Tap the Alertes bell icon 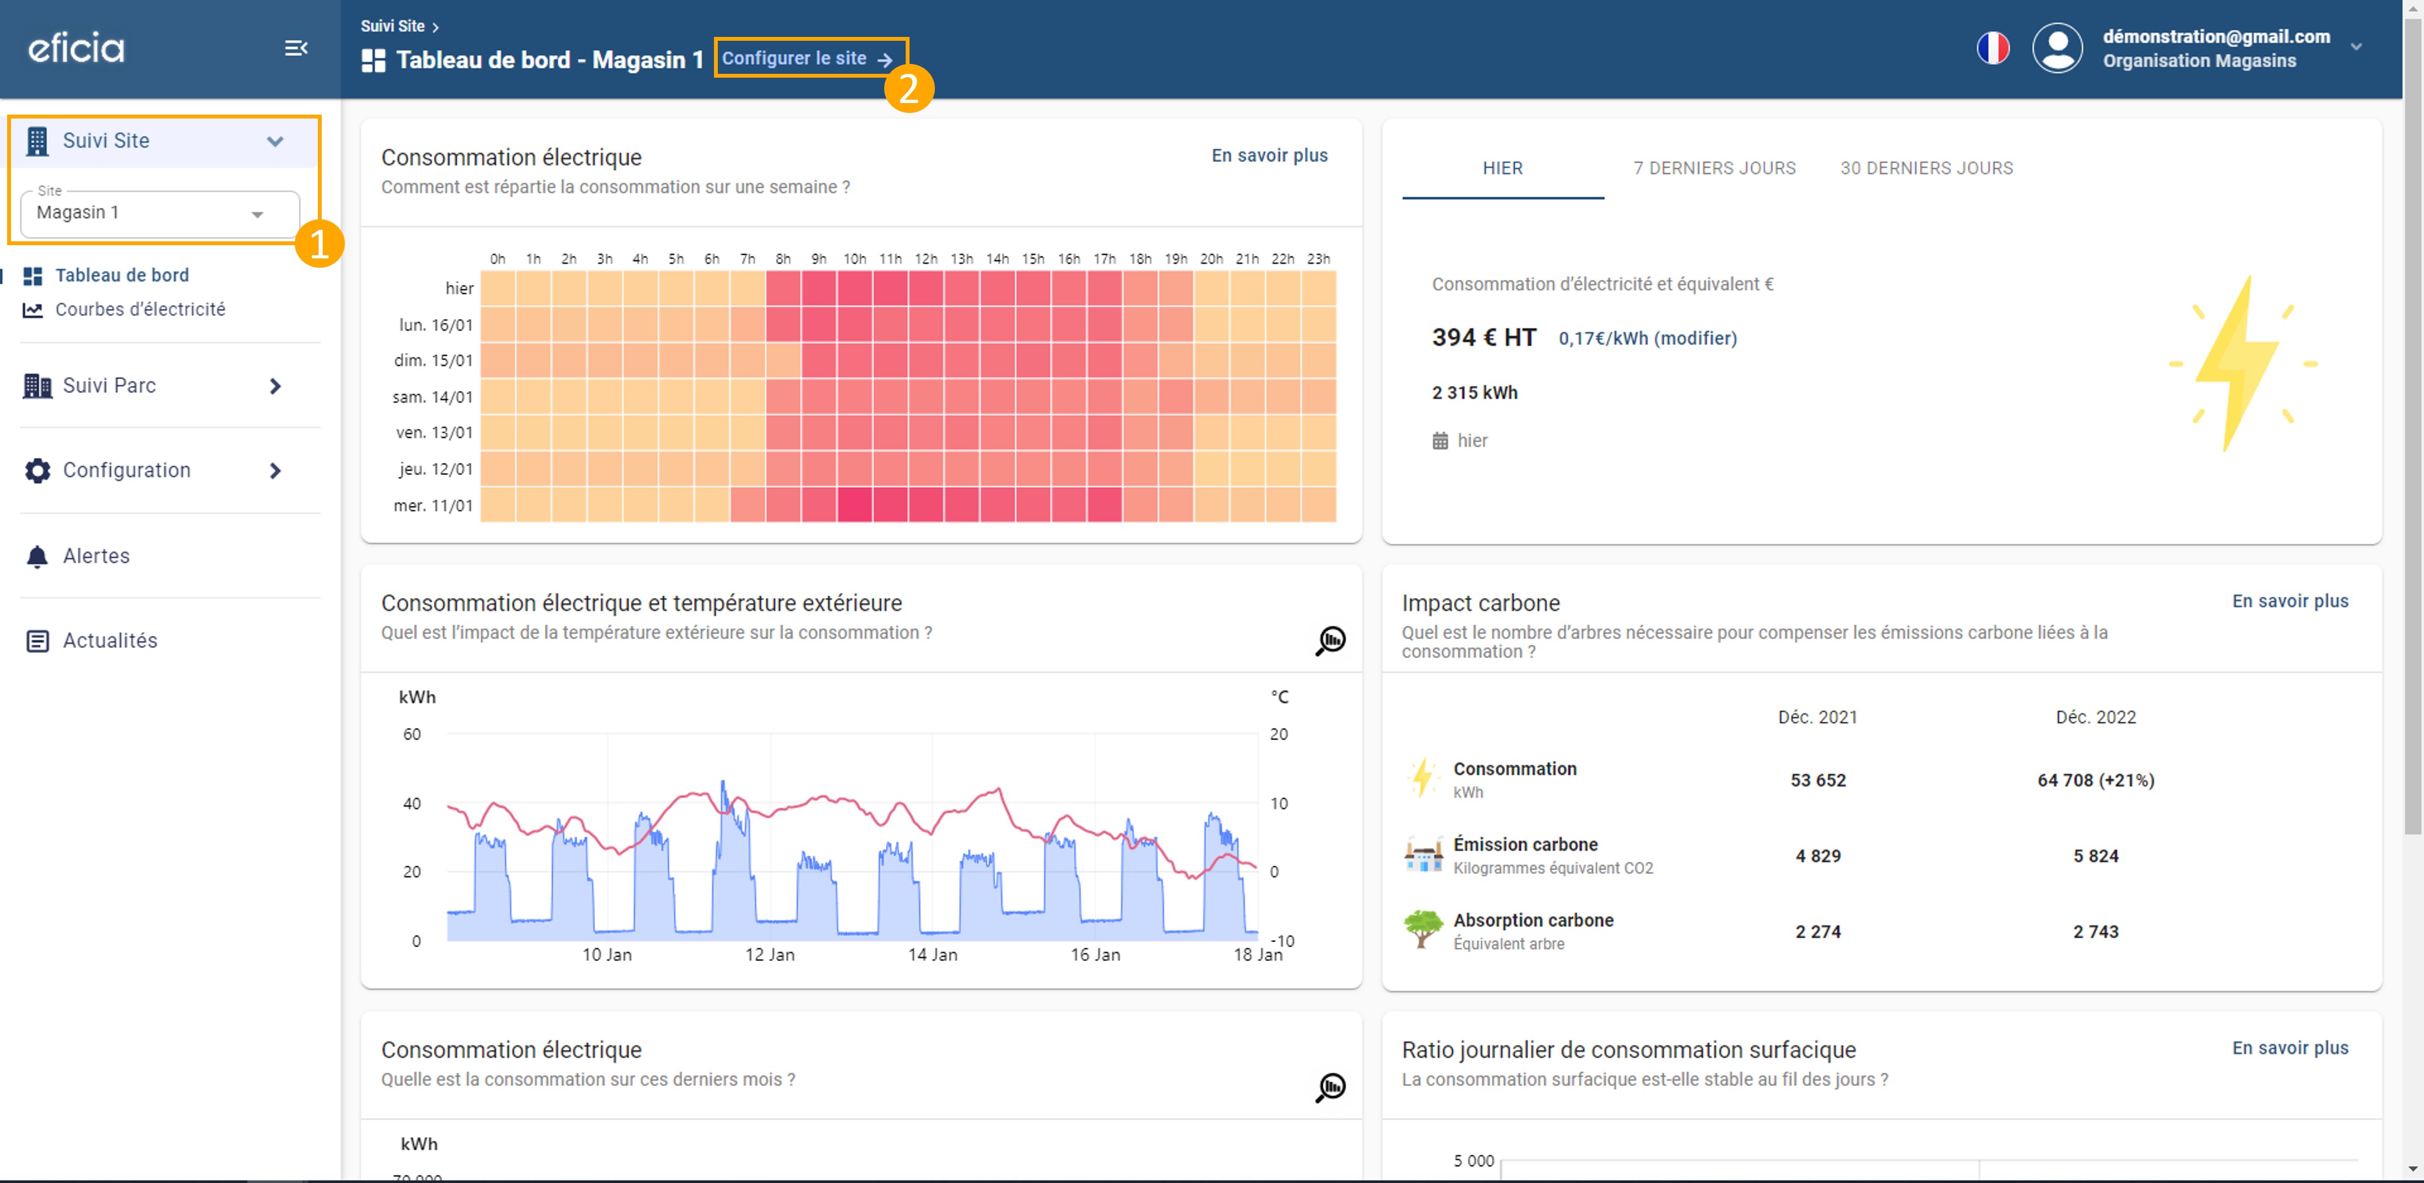point(37,557)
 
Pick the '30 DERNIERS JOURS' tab point(1926,169)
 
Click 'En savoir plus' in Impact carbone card point(2290,601)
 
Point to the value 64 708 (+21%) point(2096,780)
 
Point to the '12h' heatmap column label point(926,259)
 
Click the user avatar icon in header point(2058,48)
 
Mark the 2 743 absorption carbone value point(2096,932)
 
